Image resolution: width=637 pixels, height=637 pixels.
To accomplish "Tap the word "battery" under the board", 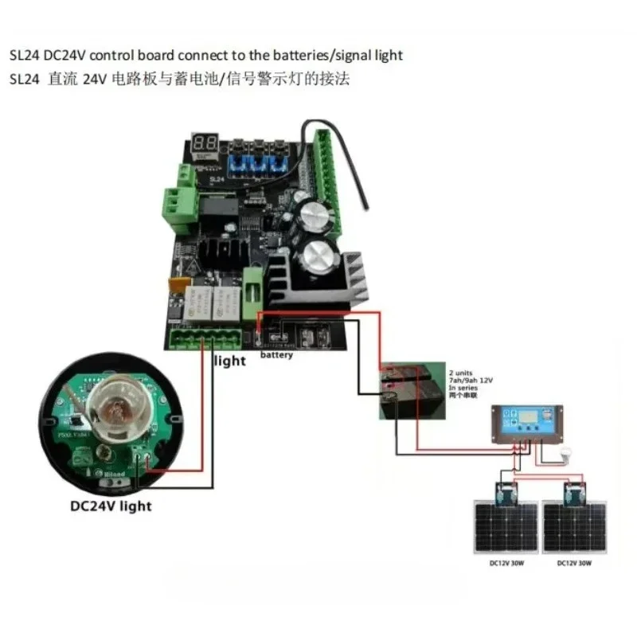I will tap(276, 355).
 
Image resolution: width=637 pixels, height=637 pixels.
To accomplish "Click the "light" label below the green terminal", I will tap(230, 361).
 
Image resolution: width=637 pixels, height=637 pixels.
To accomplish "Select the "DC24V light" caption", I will tap(111, 505).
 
